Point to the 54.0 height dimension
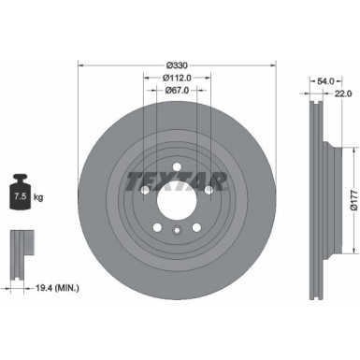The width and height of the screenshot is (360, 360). click(x=324, y=81)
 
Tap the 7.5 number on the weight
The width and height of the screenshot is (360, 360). click(x=18, y=197)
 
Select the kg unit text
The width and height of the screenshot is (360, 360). click(x=36, y=197)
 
